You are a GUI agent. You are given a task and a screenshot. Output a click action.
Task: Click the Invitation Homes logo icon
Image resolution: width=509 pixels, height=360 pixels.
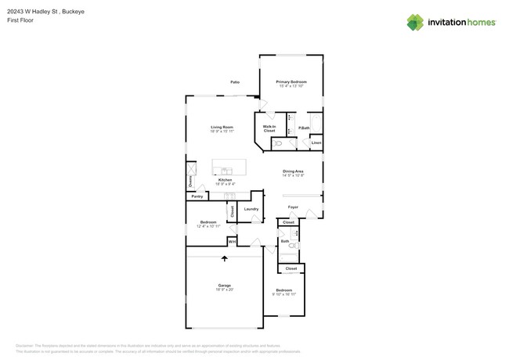(414, 23)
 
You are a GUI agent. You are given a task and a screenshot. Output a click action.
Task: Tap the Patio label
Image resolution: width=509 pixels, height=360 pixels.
(234, 82)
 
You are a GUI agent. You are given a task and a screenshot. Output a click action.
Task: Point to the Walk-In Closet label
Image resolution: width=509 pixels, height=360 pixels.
(269, 128)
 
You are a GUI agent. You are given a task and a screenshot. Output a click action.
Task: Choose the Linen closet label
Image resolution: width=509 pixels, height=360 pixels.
(316, 143)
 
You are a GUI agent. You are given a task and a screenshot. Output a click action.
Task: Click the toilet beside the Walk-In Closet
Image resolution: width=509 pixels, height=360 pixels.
(278, 144)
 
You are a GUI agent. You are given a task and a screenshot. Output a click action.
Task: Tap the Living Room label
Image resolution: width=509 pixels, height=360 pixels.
(222, 127)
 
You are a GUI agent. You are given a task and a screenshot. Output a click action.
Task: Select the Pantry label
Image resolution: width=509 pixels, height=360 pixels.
(197, 196)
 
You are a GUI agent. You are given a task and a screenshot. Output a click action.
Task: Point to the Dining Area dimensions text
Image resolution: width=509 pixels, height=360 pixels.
(292, 175)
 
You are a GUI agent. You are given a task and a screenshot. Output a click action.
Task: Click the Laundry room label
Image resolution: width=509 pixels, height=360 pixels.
(251, 209)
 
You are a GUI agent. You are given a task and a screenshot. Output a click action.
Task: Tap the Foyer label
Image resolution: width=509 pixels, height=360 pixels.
(293, 207)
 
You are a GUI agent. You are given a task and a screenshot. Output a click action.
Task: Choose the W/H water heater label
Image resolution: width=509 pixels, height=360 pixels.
(232, 243)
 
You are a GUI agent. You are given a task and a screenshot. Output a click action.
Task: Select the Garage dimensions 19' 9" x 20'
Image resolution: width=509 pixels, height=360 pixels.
(224, 290)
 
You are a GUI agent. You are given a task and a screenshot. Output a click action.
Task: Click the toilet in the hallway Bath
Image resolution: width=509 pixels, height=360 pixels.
(293, 246)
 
